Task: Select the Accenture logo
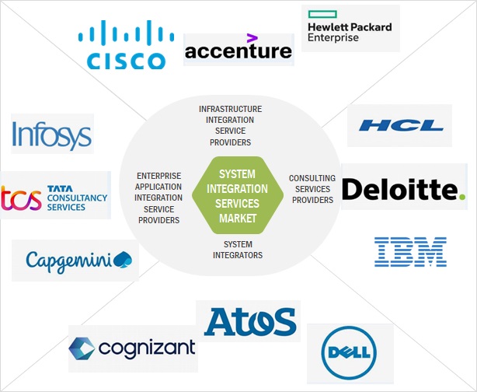click(x=238, y=51)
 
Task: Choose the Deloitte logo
click(x=403, y=189)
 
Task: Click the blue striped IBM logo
click(x=410, y=252)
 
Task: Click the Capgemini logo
click(x=76, y=260)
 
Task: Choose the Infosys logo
click(x=52, y=134)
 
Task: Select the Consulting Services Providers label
click(x=312, y=189)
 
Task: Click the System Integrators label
click(x=238, y=250)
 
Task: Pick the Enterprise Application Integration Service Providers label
click(x=158, y=198)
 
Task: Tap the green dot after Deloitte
click(x=462, y=197)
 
